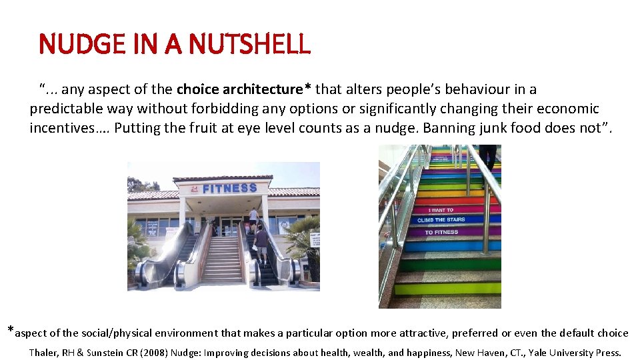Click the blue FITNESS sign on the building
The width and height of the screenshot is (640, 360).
(x=230, y=189)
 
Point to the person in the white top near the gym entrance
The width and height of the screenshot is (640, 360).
(x=253, y=217)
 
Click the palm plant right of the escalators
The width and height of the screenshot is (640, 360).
(x=305, y=240)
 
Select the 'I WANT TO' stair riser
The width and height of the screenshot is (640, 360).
(x=441, y=210)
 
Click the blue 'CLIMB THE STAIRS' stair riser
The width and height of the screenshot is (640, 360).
(x=441, y=220)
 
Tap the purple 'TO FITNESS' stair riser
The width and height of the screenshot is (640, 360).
(x=441, y=232)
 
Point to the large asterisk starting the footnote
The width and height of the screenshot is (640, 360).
(x=10, y=329)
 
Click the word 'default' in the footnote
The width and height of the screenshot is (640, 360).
(x=577, y=333)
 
